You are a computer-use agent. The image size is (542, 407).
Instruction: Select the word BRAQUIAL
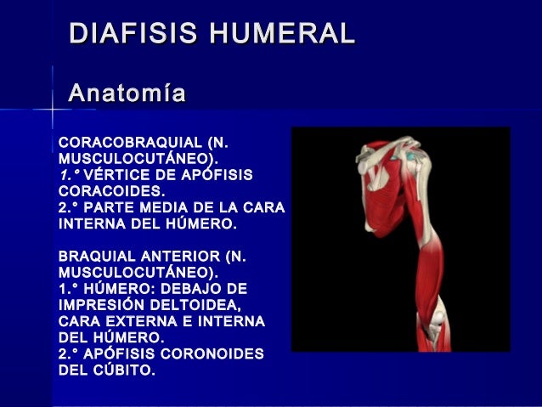(94, 257)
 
